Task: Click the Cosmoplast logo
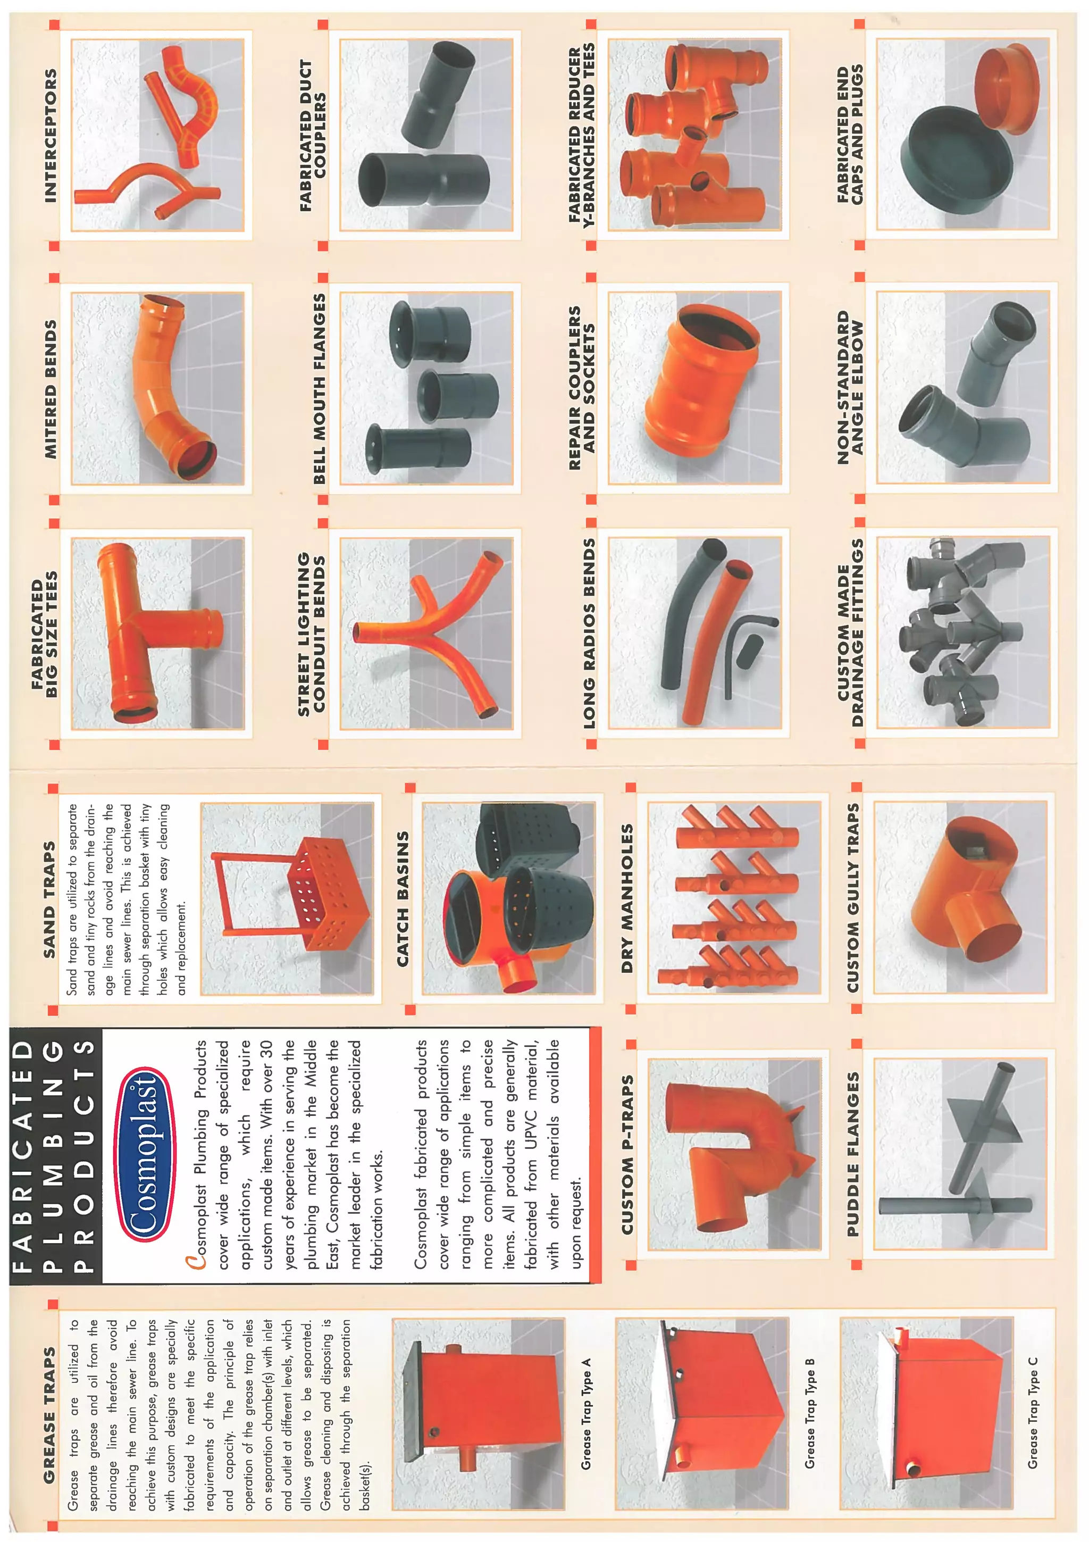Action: tap(146, 1154)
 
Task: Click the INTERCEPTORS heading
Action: tap(51, 136)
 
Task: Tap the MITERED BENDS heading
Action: tap(51, 389)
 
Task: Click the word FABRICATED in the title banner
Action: tap(23, 1155)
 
